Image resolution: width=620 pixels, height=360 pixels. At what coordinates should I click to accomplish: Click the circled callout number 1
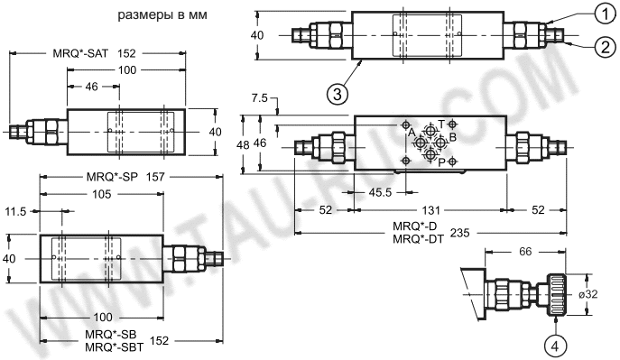[x=606, y=14]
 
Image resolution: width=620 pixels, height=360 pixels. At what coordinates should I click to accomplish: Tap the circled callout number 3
[x=338, y=95]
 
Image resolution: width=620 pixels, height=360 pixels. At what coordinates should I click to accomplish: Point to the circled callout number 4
[x=555, y=346]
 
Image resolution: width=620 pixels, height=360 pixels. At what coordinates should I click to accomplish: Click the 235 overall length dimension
[x=460, y=233]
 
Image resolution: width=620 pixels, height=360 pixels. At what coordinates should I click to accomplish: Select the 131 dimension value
[x=430, y=210]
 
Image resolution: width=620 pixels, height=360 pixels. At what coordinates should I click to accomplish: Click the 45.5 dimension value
[x=380, y=192]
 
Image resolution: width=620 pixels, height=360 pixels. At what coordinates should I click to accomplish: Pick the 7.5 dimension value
[x=259, y=98]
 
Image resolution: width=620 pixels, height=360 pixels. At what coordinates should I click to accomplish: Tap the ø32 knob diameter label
[x=588, y=294]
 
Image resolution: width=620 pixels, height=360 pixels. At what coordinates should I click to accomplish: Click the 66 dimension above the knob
[x=525, y=252]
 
